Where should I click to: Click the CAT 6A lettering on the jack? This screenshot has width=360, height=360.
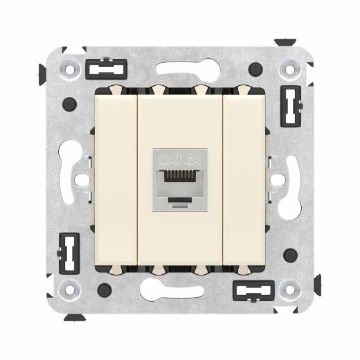[179, 159]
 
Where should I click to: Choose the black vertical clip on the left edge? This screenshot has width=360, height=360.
[69, 253]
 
